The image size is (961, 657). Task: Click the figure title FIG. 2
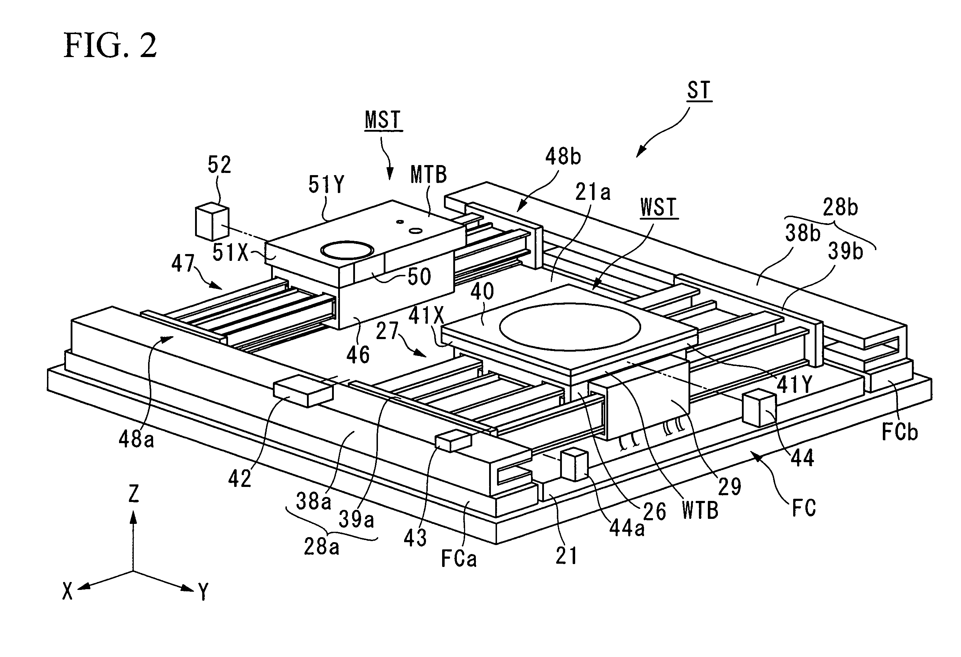point(110,46)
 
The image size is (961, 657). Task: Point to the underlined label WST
point(659,207)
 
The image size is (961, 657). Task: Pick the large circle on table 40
point(570,327)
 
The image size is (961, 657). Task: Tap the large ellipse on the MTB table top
point(347,250)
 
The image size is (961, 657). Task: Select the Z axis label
point(133,494)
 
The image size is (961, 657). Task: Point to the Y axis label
point(203,592)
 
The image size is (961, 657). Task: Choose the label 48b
point(563,157)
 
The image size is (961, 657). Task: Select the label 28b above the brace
point(840,207)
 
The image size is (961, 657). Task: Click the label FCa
point(459,559)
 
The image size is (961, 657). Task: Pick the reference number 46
point(358,355)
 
